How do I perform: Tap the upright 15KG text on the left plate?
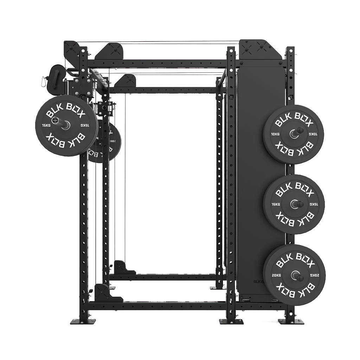tap(46, 125)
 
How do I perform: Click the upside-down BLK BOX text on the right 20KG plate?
tap(294, 290)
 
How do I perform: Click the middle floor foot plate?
tap(228, 321)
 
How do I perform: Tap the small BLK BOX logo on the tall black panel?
tap(259, 281)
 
